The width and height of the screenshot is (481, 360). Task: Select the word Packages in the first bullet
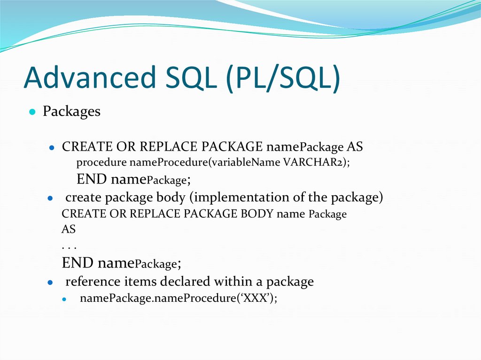coord(71,112)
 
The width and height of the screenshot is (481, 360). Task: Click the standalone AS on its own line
coord(69,230)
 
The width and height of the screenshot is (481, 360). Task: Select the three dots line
coord(69,246)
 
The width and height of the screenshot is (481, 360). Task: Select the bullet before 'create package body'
coord(50,199)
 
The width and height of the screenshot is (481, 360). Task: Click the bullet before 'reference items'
coord(50,283)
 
